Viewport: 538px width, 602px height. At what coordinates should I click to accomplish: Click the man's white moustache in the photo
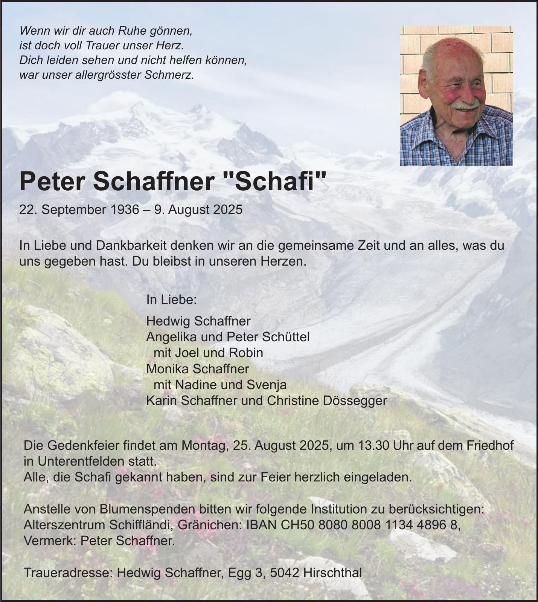point(466,105)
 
